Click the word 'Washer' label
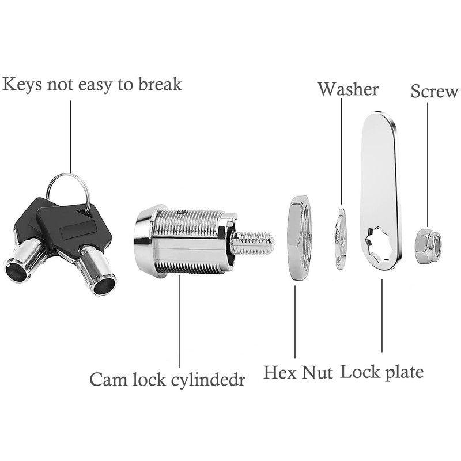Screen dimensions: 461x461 (348, 89)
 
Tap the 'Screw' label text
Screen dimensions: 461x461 (434, 91)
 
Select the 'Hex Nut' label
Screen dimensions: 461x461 (298, 372)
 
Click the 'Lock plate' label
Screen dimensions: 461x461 (381, 371)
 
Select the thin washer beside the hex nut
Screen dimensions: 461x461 (341, 239)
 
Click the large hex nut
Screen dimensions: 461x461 (299, 238)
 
